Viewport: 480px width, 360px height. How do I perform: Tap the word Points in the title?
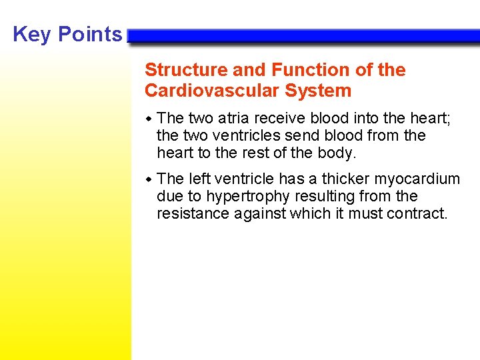click(x=90, y=35)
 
